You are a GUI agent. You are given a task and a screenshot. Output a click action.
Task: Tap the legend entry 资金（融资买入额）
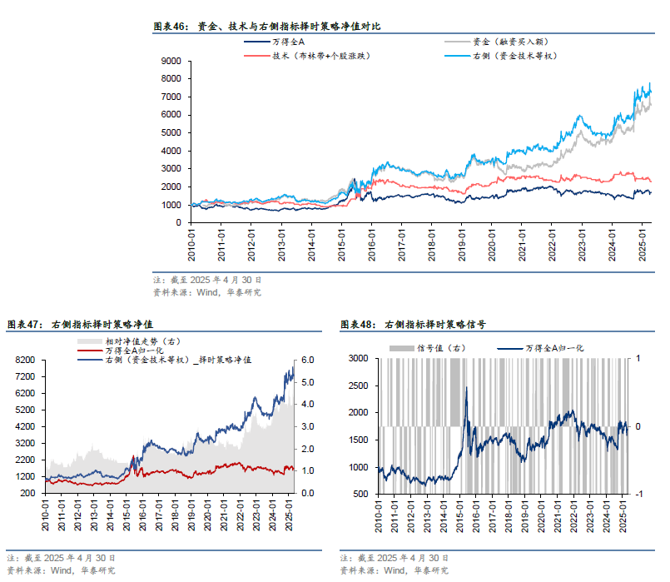coord(509,41)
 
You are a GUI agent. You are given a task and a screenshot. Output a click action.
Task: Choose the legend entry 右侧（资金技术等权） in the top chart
coord(513,55)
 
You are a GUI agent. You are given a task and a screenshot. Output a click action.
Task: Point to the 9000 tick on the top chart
coord(171,61)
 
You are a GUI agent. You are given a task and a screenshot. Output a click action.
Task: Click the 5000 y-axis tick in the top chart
coord(171,132)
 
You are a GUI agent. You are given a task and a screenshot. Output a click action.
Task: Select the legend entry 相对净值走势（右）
coord(141,341)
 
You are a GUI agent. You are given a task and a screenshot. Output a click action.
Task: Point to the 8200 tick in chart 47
coord(27,361)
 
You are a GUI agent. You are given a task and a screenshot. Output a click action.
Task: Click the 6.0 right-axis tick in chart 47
coord(308,361)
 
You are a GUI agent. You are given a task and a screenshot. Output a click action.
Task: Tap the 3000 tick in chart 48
coord(359,358)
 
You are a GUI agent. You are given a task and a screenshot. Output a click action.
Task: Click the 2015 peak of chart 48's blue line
coord(466,387)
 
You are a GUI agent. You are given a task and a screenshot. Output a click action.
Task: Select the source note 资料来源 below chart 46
coord(207,292)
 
